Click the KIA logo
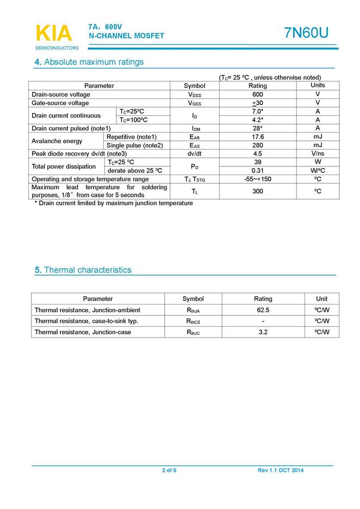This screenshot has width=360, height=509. coord(53,34)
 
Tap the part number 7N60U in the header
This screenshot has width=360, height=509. coord(306,33)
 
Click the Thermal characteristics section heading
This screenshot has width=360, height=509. coord(88,270)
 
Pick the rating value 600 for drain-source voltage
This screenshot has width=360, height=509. coord(258,95)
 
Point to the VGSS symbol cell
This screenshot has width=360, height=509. coord(194,103)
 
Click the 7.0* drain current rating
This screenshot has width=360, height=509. coord(258,111)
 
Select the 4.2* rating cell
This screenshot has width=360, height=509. coord(258,120)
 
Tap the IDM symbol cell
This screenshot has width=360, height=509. coord(194,128)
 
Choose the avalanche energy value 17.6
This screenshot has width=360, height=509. coord(258,137)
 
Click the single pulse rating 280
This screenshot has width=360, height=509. coord(258,145)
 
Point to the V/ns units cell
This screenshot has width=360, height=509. coord(318,153)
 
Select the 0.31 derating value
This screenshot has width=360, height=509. coord(258,170)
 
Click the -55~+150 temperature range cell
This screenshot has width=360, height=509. coord(258,179)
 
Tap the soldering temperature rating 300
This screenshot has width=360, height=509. coord(258,191)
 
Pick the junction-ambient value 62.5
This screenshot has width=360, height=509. coord(263,310)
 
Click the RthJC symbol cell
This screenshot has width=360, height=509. coord(193,332)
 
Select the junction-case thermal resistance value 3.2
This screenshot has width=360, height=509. coord(263,332)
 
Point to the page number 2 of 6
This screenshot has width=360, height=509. coord(169,470)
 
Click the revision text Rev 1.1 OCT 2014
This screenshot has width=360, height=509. coord(281,470)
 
